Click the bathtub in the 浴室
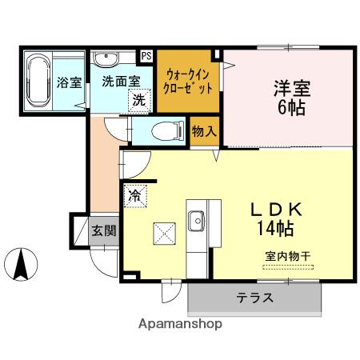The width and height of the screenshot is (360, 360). point(38,81)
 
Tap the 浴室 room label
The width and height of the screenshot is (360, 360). point(70,82)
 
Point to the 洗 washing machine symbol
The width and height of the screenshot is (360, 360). point(139,101)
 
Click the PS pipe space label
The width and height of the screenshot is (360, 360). point(147,56)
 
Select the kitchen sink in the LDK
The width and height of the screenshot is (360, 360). point(197,218)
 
